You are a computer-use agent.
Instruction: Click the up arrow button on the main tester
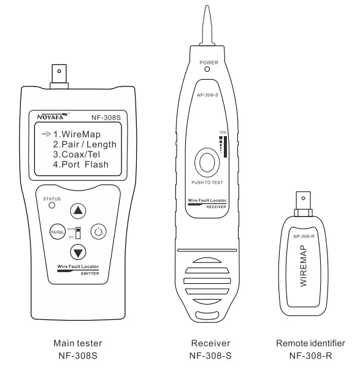78,211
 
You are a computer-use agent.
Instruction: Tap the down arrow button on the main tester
78,251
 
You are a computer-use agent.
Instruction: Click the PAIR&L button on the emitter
57,232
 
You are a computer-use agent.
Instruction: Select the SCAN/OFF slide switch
79,232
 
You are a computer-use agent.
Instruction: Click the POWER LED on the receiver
208,70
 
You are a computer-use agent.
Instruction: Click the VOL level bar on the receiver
225,150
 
